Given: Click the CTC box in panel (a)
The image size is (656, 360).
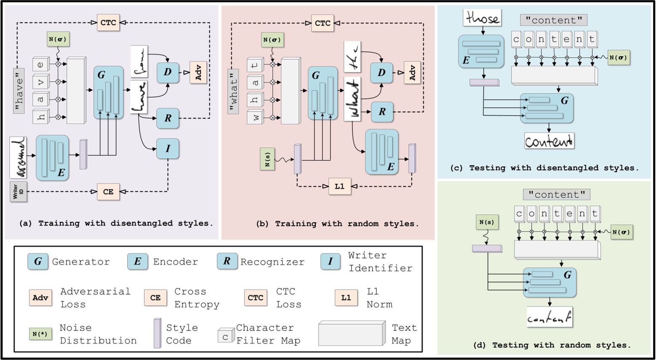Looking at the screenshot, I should [x=108, y=22].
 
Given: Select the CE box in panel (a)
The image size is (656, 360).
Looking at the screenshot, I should [x=108, y=192].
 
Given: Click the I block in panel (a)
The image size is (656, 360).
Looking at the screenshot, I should [x=168, y=149].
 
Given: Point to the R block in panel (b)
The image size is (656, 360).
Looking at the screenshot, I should [x=382, y=112].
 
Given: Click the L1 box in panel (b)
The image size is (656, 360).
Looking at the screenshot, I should [x=339, y=186].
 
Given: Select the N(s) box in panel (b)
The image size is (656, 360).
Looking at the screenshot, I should [x=267, y=159].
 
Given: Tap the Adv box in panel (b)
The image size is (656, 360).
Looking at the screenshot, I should [x=412, y=72].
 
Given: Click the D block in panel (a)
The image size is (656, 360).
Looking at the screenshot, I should [x=168, y=72].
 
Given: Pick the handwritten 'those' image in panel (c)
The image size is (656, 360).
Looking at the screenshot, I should [x=483, y=18].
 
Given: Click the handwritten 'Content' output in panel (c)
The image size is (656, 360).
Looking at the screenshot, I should [x=549, y=141].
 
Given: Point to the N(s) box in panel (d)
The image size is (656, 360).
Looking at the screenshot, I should [x=487, y=222].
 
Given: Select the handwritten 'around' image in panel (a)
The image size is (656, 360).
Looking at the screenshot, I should [x=18, y=157].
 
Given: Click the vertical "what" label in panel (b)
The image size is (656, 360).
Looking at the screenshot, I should [x=233, y=91].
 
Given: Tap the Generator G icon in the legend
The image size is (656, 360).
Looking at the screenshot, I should [x=38, y=261].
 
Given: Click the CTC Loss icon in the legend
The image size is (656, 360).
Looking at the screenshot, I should [x=255, y=298].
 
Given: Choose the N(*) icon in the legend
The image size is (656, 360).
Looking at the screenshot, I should [x=40, y=334].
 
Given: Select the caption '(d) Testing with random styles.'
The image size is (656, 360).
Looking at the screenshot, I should [x=552, y=345].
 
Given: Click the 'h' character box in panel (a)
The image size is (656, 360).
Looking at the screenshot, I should [x=41, y=117].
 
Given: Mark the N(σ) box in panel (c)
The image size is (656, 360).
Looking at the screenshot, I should [x=618, y=58].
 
